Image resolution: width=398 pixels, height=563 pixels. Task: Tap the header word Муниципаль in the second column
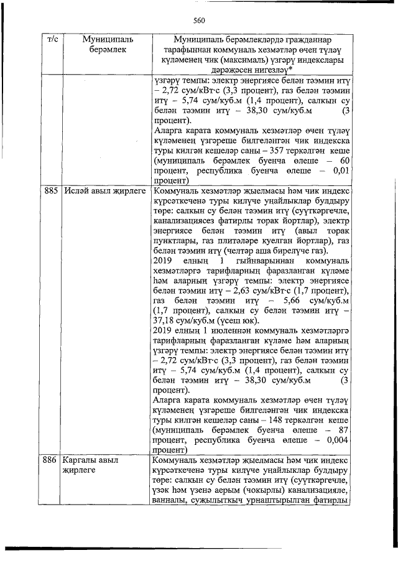(x=103, y=39)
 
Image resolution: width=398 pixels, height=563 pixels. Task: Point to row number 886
(x=51, y=461)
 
